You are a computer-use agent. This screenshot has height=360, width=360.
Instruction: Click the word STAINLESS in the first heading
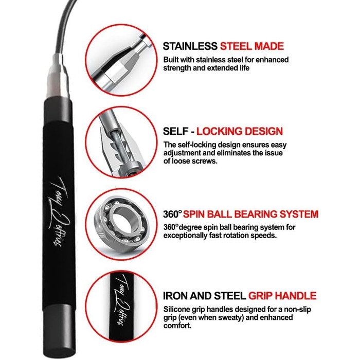pyautogui.click(x=190, y=46)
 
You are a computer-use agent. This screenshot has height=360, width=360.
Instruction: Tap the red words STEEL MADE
pyautogui.click(x=252, y=46)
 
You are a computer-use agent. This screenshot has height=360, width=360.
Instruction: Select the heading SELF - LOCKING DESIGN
pyautogui.click(x=223, y=131)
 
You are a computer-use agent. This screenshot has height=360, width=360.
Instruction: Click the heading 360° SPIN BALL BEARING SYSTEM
pyautogui.click(x=241, y=214)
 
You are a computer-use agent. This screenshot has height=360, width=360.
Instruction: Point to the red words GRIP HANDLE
pyautogui.click(x=282, y=296)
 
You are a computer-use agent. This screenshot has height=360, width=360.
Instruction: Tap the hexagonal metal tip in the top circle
pyautogui.click(x=115, y=71)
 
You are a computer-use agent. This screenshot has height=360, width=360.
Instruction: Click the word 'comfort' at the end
pyautogui.click(x=176, y=326)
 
